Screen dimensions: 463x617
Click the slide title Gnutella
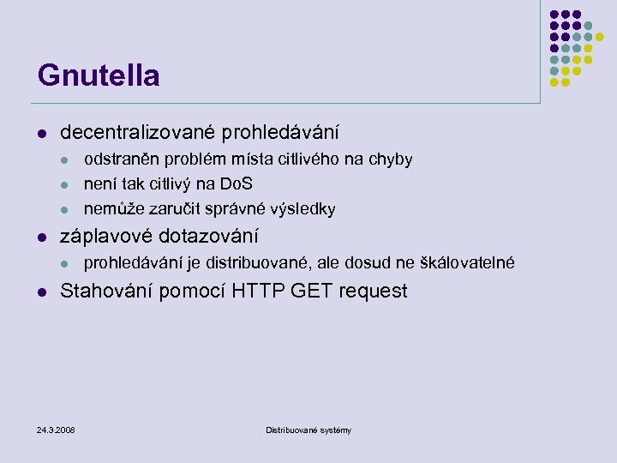pyautogui.click(x=99, y=75)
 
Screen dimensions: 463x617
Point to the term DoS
pyautogui.click(x=237, y=184)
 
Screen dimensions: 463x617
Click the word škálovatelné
pyautogui.click(x=468, y=262)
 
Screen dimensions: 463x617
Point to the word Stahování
pyautogui.click(x=107, y=291)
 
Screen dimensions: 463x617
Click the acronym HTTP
pyautogui.click(x=259, y=291)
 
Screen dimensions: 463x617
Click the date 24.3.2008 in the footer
pyautogui.click(x=56, y=430)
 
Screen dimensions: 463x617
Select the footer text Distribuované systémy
pyautogui.click(x=308, y=430)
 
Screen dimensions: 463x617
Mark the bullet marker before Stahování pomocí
pyautogui.click(x=41, y=292)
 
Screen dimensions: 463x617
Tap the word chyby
pyautogui.click(x=392, y=159)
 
